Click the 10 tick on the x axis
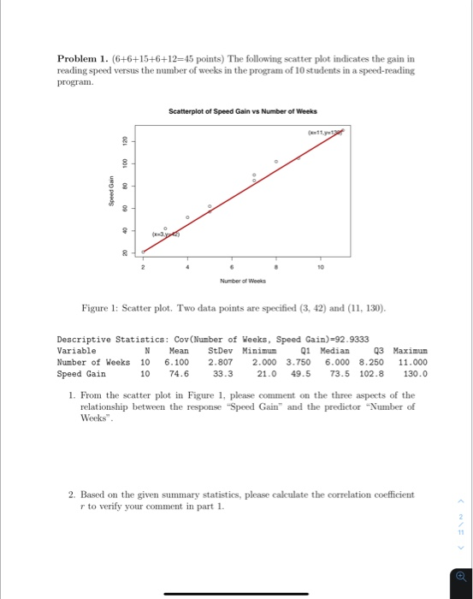tap(321, 267)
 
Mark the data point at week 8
tap(275, 161)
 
